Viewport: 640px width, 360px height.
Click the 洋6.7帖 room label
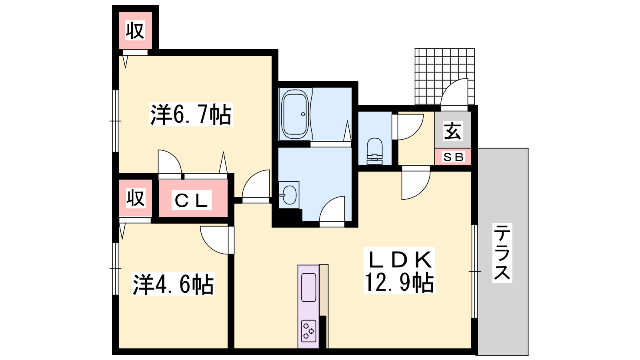click(x=191, y=114)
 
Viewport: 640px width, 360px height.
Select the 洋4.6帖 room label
click(x=173, y=284)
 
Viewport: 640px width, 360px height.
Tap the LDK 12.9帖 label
click(x=399, y=270)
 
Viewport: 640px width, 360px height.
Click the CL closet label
click(x=191, y=200)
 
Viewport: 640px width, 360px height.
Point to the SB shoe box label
click(x=453, y=156)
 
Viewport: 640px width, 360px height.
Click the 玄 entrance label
click(x=452, y=131)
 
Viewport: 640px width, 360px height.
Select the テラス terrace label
click(x=502, y=253)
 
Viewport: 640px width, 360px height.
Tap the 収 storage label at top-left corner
click(x=135, y=30)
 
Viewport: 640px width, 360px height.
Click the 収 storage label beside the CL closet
click(x=136, y=198)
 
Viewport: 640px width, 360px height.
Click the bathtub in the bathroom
click(x=295, y=114)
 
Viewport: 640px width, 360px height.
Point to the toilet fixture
click(x=374, y=152)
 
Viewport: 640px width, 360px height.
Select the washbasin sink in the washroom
click(x=289, y=195)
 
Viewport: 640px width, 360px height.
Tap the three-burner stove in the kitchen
click(x=308, y=331)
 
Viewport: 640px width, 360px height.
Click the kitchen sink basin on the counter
click(x=308, y=288)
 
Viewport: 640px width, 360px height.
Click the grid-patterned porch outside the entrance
click(x=444, y=76)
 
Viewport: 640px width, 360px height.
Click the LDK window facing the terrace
click(x=474, y=272)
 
